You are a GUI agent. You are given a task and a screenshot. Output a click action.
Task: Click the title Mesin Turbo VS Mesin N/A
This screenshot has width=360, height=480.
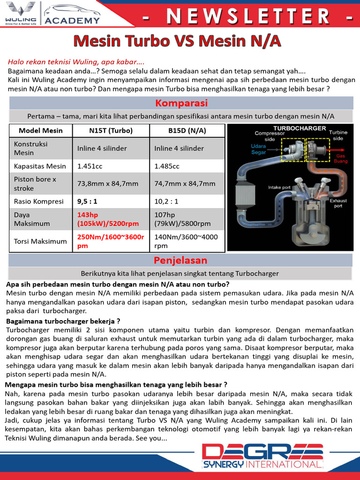tap(177, 41)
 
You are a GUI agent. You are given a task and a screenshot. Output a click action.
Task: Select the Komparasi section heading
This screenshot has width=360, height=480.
tap(181, 103)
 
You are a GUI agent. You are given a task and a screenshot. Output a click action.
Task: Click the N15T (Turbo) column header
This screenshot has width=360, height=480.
tap(111, 131)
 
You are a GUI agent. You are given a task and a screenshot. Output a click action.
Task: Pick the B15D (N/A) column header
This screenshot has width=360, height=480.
tap(187, 131)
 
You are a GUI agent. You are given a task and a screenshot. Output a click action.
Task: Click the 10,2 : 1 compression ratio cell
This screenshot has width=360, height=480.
tap(166, 201)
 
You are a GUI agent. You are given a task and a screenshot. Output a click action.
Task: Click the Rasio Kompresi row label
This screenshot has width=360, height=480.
tap(38, 201)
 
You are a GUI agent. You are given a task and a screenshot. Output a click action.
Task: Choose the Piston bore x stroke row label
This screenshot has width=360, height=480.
tap(35, 183)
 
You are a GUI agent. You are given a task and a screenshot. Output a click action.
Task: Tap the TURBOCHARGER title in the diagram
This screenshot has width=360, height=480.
tap(293, 128)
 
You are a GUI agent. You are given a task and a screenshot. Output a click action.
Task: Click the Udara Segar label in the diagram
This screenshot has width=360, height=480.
tap(258, 149)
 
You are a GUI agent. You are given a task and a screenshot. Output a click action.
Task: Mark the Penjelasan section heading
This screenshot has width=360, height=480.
tap(181, 260)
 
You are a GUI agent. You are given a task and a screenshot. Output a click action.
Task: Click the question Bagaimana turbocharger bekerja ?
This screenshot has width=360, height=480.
tap(63, 321)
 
